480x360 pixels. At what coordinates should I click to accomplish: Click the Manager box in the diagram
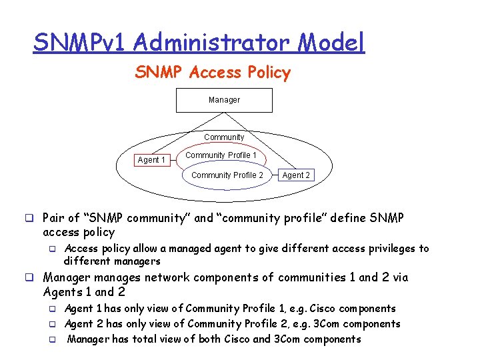click(224, 100)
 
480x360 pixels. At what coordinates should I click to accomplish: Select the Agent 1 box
click(151, 160)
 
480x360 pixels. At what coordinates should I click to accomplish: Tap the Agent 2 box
click(296, 175)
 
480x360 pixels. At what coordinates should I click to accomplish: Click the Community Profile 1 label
click(221, 155)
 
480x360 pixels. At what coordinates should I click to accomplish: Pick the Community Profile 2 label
click(227, 175)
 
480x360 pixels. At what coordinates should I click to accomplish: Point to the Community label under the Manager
click(224, 137)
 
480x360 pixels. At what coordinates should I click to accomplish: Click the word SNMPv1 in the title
click(80, 43)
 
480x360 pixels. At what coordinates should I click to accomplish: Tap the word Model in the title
click(332, 43)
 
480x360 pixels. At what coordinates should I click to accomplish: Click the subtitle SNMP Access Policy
click(213, 73)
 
